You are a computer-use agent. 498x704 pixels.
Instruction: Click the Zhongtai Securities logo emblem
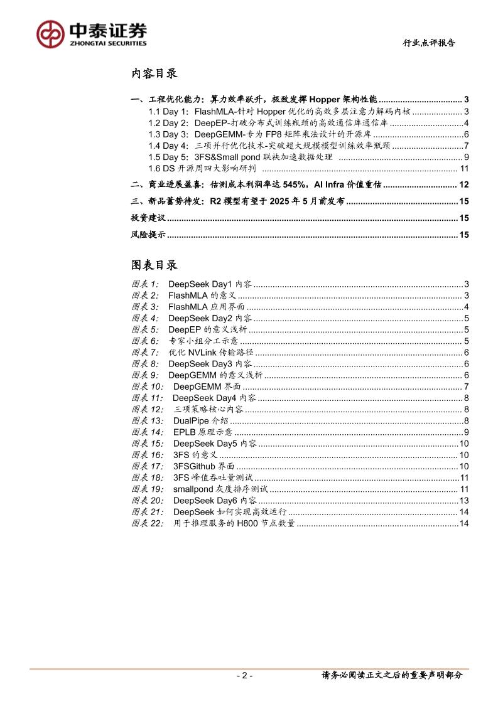tap(50, 33)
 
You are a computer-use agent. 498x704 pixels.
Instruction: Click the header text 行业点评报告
tap(429, 43)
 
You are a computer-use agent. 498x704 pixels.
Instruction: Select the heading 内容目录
tap(154, 73)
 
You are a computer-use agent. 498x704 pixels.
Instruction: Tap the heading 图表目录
tap(154, 264)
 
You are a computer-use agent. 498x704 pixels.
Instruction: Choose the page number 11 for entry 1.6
tap(465, 168)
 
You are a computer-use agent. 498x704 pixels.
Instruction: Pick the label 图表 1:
tap(145, 284)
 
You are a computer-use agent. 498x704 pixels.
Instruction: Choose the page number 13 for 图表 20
tap(465, 500)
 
